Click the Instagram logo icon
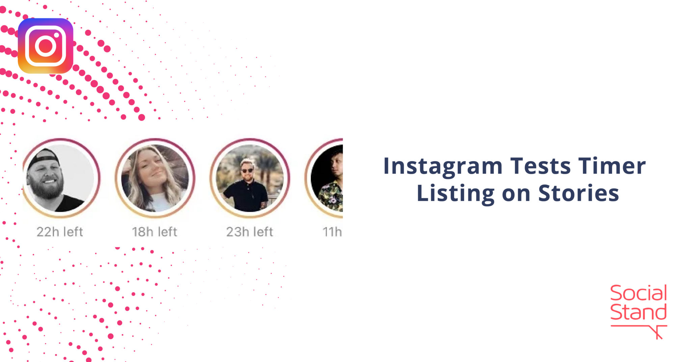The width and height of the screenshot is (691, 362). (45, 46)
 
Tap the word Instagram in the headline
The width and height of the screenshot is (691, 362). (443, 166)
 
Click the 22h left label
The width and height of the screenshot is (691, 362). (60, 232)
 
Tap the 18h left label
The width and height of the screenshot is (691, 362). (155, 232)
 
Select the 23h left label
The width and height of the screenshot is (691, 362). (249, 232)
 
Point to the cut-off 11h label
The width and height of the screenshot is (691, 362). (332, 232)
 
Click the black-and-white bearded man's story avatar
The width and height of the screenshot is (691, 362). (61, 178)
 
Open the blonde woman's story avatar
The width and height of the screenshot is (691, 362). (155, 178)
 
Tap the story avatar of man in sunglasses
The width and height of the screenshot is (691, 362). (250, 178)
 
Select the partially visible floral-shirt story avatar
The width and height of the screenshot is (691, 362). (326, 178)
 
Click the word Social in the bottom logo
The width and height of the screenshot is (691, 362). (638, 293)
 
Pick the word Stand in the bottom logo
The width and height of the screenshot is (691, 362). (638, 312)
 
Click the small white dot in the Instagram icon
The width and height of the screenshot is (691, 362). (57, 35)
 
